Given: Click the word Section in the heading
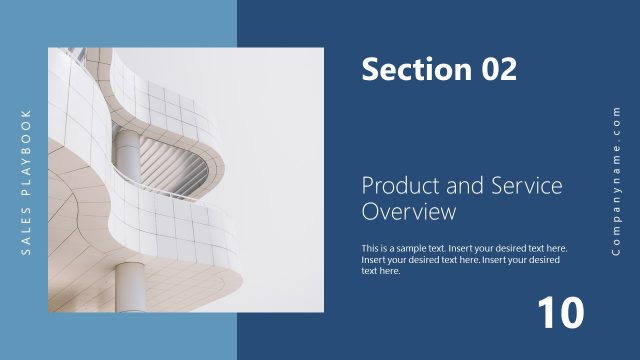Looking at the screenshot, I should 406,69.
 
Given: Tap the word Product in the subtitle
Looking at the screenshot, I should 396,186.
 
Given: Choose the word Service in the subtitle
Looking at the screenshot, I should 524,186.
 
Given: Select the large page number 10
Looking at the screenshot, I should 560,313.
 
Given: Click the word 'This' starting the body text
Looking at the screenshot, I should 371,248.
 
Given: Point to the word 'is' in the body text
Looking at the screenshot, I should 388,248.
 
